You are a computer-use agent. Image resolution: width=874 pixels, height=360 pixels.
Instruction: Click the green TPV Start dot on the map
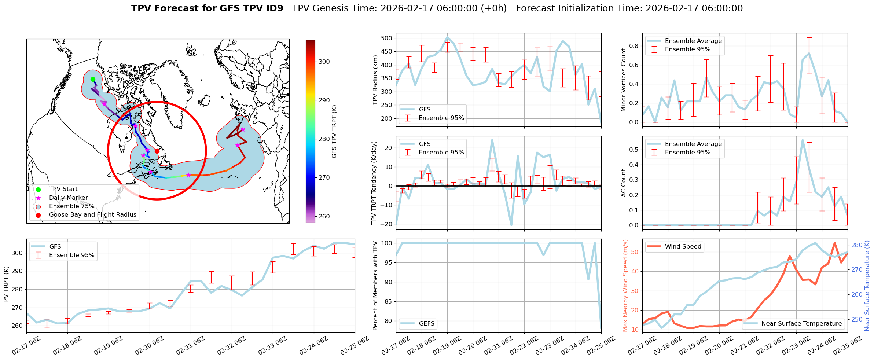(x=93, y=79)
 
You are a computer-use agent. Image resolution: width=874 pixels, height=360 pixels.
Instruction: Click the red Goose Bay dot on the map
(x=157, y=151)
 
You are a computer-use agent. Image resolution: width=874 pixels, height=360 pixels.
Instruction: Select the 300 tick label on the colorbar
(x=324, y=62)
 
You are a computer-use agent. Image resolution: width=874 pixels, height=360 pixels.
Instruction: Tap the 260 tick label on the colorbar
(x=324, y=216)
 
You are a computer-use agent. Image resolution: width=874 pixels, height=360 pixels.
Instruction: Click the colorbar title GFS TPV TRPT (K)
(x=334, y=132)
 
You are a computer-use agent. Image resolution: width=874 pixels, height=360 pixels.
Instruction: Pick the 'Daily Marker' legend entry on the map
(x=68, y=198)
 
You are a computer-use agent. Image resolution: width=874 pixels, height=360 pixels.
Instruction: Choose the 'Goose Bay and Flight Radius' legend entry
(x=92, y=215)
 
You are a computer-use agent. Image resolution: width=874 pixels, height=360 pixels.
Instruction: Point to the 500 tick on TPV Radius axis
(x=386, y=38)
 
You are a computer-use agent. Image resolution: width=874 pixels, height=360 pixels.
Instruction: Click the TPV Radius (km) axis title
(x=375, y=80)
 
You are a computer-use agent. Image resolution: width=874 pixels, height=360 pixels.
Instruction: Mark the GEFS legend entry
(x=426, y=324)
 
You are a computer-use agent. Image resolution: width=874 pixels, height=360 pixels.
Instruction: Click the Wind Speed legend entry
(x=683, y=247)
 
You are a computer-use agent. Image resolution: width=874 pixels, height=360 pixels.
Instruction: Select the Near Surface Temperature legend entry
(x=801, y=324)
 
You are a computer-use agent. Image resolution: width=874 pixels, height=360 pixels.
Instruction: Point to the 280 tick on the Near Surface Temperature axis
(x=856, y=245)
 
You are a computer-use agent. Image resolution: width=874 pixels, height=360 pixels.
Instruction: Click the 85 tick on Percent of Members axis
(x=388, y=301)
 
